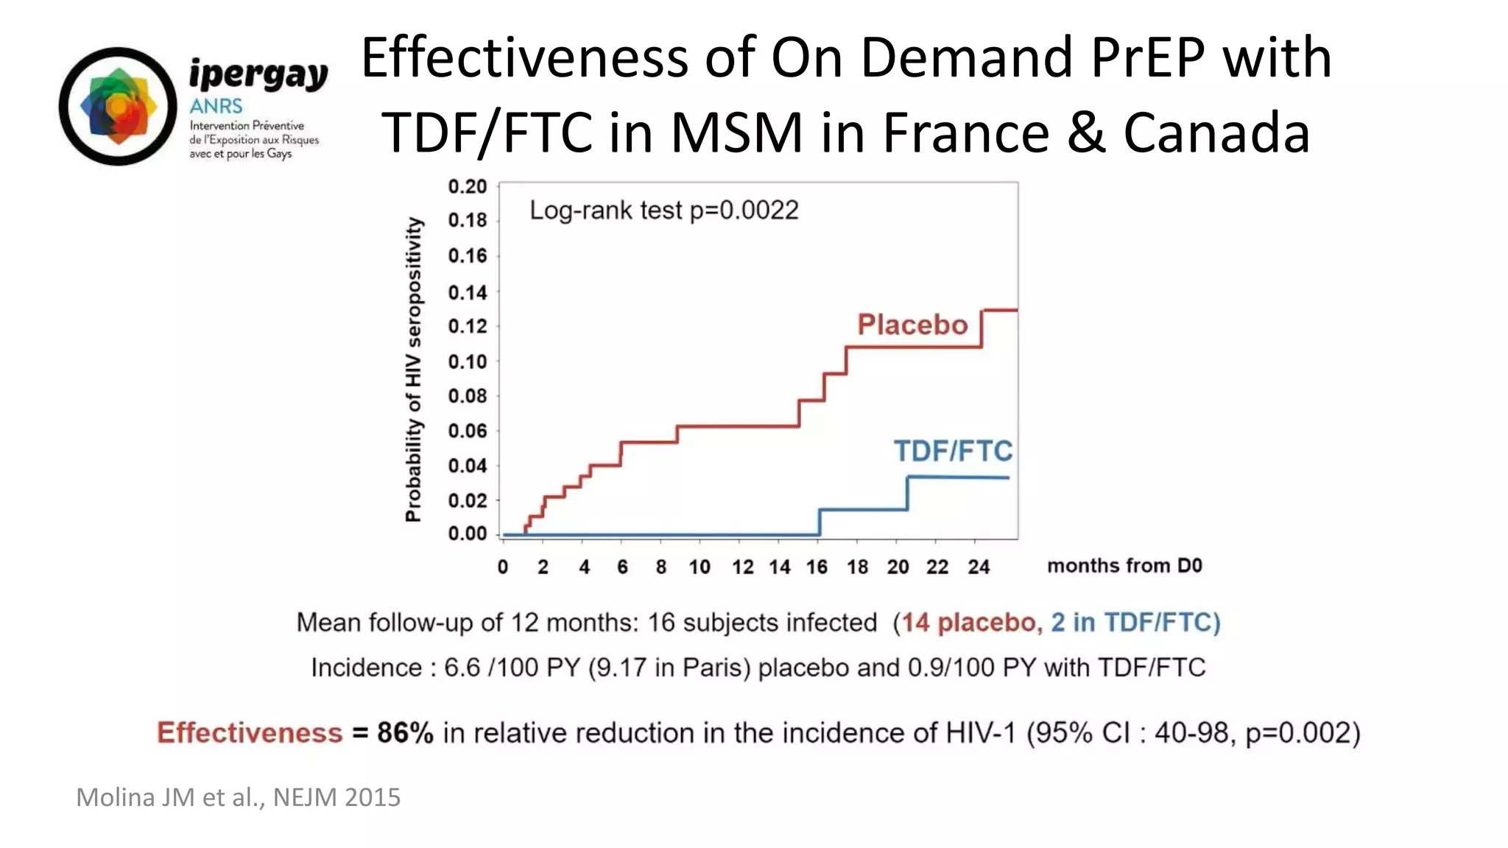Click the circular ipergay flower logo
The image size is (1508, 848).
pos(118,106)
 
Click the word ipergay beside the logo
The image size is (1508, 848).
pos(258,74)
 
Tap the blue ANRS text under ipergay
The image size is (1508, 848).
pos(215,106)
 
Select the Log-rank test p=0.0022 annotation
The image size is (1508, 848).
pos(663,211)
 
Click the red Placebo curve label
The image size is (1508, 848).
pos(912,325)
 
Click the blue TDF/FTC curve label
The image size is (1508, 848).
pos(953,451)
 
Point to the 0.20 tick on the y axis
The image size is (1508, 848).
pos(468,186)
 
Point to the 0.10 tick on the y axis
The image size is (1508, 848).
pos(468,361)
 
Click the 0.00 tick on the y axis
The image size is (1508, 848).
pos(468,534)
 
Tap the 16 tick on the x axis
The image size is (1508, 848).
pos(817,567)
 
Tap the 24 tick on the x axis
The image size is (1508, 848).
pos(979,567)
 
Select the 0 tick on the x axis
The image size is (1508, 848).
pos(503,567)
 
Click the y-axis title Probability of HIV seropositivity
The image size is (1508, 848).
pos(414,370)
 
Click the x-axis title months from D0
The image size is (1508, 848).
pos(1124,565)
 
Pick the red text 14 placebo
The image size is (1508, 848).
pos(968,623)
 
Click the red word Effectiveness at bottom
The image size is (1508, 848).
pos(250,733)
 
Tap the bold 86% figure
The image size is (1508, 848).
pos(405,733)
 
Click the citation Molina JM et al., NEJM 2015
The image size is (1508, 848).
pos(238,797)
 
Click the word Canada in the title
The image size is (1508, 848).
pos(1216,132)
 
